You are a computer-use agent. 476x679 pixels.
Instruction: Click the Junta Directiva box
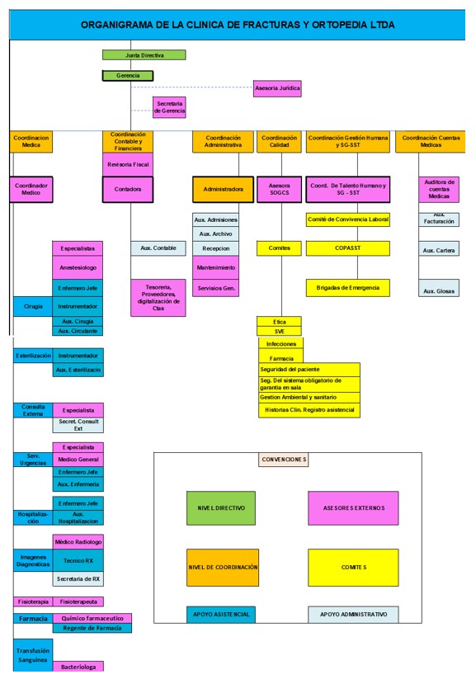point(144,55)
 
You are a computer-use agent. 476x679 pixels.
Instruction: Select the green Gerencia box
point(128,76)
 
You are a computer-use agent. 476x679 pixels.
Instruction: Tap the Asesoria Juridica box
point(277,88)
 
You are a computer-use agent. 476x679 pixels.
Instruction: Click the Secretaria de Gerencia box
point(169,107)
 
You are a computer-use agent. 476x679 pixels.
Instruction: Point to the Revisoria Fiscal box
point(128,164)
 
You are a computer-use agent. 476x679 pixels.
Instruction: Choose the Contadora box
point(128,189)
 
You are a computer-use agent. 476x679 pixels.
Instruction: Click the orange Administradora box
point(223,189)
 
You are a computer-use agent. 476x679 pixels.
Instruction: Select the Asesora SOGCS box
point(280,189)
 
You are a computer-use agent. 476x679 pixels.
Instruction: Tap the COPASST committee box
point(348,248)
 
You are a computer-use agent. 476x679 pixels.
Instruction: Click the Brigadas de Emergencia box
point(348,288)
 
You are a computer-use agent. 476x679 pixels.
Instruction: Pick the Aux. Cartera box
point(439,250)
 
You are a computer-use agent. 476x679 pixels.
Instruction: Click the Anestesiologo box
point(78,267)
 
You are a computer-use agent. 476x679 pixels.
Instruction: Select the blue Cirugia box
point(33,306)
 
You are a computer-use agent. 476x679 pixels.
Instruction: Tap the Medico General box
point(78,460)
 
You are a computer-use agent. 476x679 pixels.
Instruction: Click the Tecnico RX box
point(78,560)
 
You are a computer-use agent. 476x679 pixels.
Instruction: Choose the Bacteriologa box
point(78,667)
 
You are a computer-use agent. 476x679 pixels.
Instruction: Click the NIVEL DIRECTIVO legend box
point(221,508)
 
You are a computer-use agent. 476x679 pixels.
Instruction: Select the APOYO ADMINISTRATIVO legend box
point(353,615)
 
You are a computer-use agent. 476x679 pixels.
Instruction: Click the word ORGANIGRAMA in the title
point(117,25)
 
